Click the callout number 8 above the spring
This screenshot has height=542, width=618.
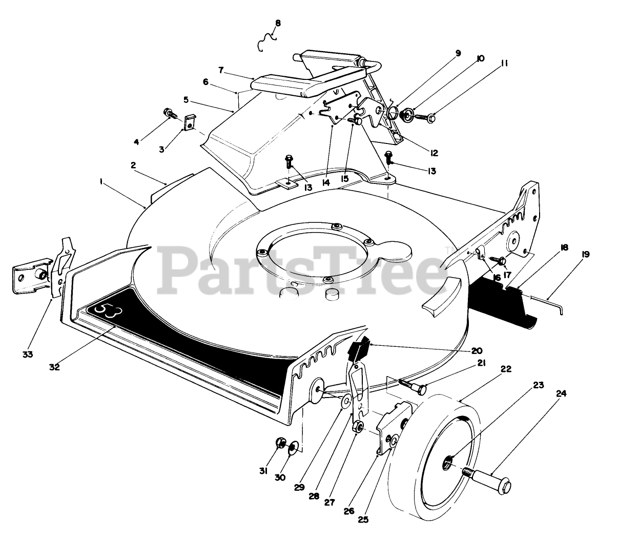(278, 23)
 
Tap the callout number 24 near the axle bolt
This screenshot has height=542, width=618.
(561, 394)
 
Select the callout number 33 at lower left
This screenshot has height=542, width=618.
(28, 355)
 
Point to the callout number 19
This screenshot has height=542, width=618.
(585, 254)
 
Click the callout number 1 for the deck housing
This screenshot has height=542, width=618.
(102, 181)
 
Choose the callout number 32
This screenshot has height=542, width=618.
(55, 367)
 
